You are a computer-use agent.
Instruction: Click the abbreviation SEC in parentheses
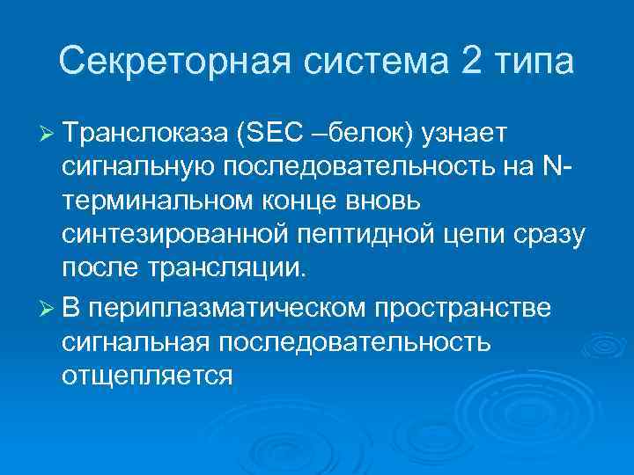click(269, 133)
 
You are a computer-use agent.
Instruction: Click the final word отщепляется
click(146, 376)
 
